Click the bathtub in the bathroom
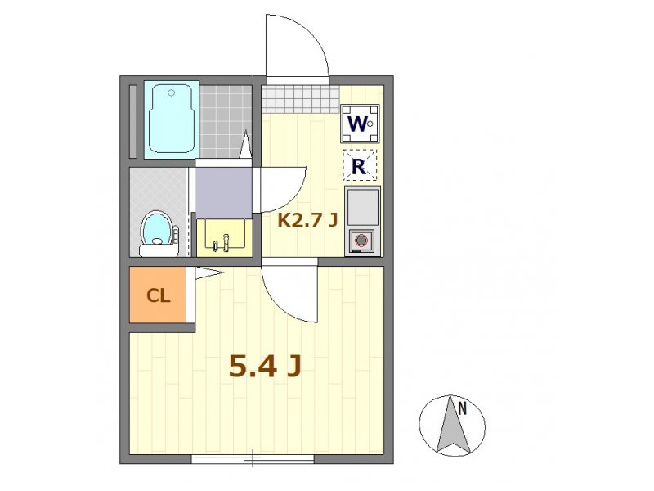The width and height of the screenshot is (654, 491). [172, 119]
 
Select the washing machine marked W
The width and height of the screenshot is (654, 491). [360, 124]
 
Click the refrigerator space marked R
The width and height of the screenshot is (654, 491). [360, 165]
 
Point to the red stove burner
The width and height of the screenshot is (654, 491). [361, 241]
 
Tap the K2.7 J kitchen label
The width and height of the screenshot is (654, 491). [307, 220]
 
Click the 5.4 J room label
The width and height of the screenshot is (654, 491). [265, 367]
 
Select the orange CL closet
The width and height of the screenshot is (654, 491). [158, 295]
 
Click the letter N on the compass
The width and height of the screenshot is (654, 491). [462, 408]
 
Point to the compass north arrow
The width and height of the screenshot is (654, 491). [453, 425]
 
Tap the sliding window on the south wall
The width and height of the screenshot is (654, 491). [253, 459]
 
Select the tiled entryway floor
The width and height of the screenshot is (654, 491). [300, 99]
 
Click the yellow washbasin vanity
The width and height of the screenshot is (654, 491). [224, 237]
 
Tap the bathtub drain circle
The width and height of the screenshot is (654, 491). [171, 92]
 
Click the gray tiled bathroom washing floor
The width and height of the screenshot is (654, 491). [226, 121]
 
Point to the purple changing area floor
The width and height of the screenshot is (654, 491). [224, 192]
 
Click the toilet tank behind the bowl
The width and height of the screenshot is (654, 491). [159, 250]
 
